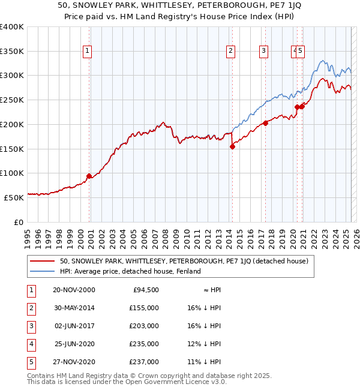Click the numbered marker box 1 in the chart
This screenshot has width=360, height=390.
(x=88, y=52)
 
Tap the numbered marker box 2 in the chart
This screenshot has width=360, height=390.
(x=230, y=52)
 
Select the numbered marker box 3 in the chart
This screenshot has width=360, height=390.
(x=263, y=52)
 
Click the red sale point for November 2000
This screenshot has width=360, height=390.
(x=89, y=176)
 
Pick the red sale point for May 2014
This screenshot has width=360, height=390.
(x=232, y=146)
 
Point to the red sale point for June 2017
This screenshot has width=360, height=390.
(x=265, y=123)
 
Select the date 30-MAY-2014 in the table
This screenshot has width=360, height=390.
(x=74, y=308)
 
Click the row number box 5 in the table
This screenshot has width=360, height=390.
(x=30, y=362)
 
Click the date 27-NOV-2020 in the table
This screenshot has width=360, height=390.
(x=74, y=362)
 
